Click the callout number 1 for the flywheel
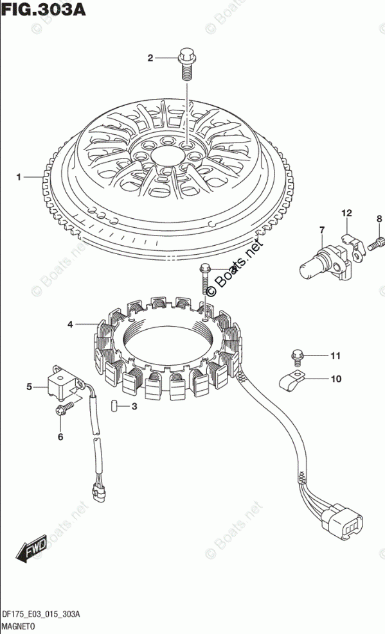[x=19, y=177]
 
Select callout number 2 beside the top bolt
[x=150, y=58]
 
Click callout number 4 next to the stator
[x=70, y=324]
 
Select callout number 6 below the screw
[x=60, y=437]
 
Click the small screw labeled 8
[x=374, y=244]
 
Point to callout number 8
[x=379, y=219]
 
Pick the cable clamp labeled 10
[x=292, y=381]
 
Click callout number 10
[x=336, y=379]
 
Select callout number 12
[x=346, y=213]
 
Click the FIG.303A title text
[x=44, y=9]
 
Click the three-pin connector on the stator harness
[x=341, y=522]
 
